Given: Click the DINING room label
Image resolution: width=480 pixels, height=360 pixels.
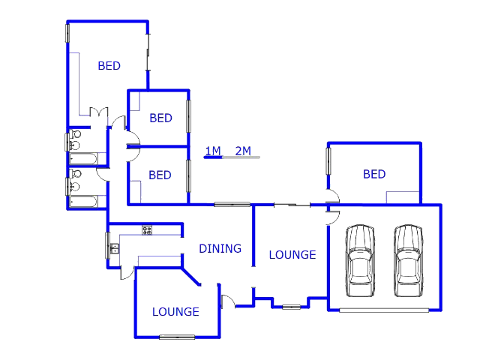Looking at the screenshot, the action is click(x=220, y=248).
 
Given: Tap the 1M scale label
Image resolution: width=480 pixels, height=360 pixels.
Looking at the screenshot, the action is click(x=213, y=151).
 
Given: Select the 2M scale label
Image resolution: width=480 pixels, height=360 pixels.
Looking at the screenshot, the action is click(x=243, y=151).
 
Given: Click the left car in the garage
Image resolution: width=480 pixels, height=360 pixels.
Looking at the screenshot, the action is click(x=360, y=261).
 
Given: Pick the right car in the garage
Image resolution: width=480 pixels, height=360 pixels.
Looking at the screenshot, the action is click(x=408, y=261).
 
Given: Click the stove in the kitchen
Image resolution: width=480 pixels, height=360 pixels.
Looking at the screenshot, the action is click(x=147, y=230).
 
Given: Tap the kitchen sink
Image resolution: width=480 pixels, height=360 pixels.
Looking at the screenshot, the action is click(x=115, y=248).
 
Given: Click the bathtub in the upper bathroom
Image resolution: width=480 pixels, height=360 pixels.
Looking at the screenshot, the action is click(x=83, y=159).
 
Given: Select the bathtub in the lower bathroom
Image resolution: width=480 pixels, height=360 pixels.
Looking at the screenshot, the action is click(x=83, y=202).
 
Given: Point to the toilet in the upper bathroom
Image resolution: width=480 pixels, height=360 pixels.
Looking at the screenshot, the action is click(x=75, y=134).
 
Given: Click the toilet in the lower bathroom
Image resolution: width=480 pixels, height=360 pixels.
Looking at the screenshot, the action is click(x=75, y=174).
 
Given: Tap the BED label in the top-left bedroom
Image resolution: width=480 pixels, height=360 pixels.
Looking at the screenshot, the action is click(x=109, y=66).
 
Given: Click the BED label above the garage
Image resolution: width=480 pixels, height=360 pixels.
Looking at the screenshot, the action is click(x=374, y=174).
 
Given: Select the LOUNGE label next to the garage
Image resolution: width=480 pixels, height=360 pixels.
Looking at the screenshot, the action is click(x=292, y=255).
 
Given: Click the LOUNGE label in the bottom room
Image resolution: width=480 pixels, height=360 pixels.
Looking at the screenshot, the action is click(x=175, y=312).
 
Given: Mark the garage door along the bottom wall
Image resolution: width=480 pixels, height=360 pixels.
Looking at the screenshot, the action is click(x=384, y=310).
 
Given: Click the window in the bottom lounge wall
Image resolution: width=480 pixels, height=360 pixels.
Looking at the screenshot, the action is click(x=177, y=337).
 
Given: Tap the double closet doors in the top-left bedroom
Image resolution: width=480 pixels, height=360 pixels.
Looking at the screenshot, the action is click(x=99, y=112).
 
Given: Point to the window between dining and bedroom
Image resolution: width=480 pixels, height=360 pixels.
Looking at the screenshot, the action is click(x=232, y=204).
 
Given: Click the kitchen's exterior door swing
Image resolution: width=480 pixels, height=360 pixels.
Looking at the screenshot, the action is click(x=127, y=273).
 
